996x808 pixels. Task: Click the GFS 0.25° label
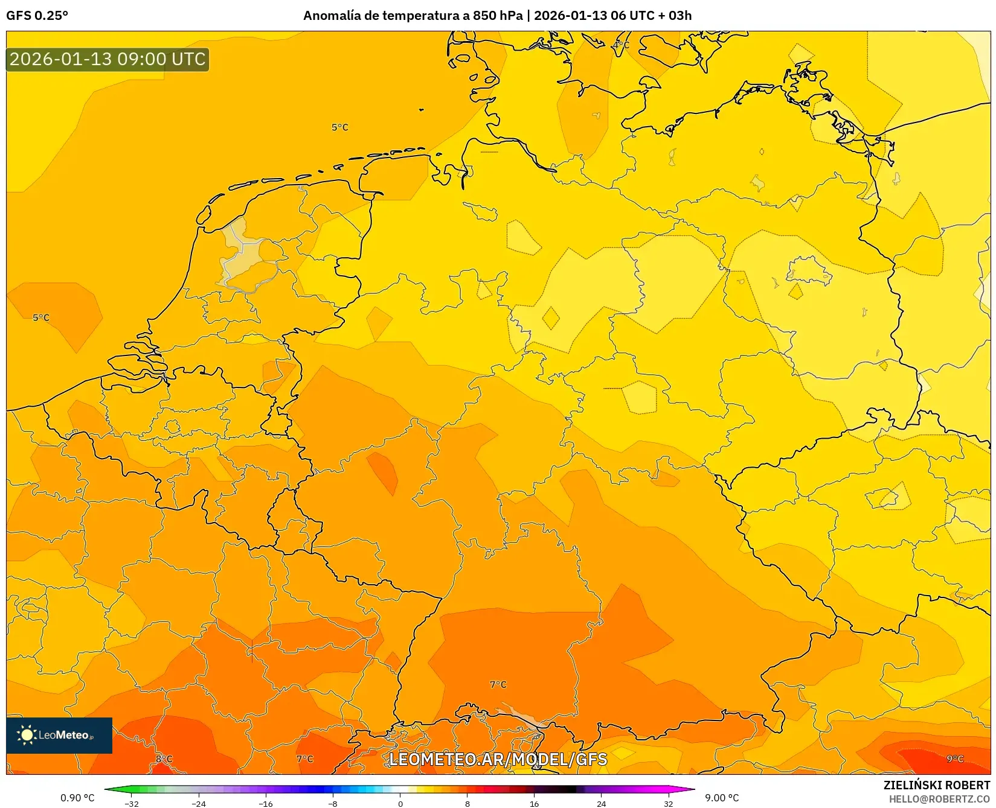37,16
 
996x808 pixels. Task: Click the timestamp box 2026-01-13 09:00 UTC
108,59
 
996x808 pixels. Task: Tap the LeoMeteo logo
59,735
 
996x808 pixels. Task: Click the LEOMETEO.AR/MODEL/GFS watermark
498,759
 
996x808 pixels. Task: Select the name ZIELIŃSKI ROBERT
936,785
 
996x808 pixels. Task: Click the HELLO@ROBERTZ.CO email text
939,799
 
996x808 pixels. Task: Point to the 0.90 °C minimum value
77,798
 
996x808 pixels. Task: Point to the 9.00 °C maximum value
722,798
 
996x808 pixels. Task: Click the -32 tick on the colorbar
131,804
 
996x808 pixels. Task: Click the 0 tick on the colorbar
400,804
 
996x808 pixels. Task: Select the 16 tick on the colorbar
534,804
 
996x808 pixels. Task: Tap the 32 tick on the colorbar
668,804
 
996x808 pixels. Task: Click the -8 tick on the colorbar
333,804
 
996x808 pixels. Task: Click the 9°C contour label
955,759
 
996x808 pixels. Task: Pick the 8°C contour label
164,759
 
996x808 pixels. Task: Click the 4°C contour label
621,45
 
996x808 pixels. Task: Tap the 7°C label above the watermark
498,684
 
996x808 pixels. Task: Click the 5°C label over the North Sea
339,127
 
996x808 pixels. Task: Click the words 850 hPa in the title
498,16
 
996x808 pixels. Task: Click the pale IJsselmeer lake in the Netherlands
242,253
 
